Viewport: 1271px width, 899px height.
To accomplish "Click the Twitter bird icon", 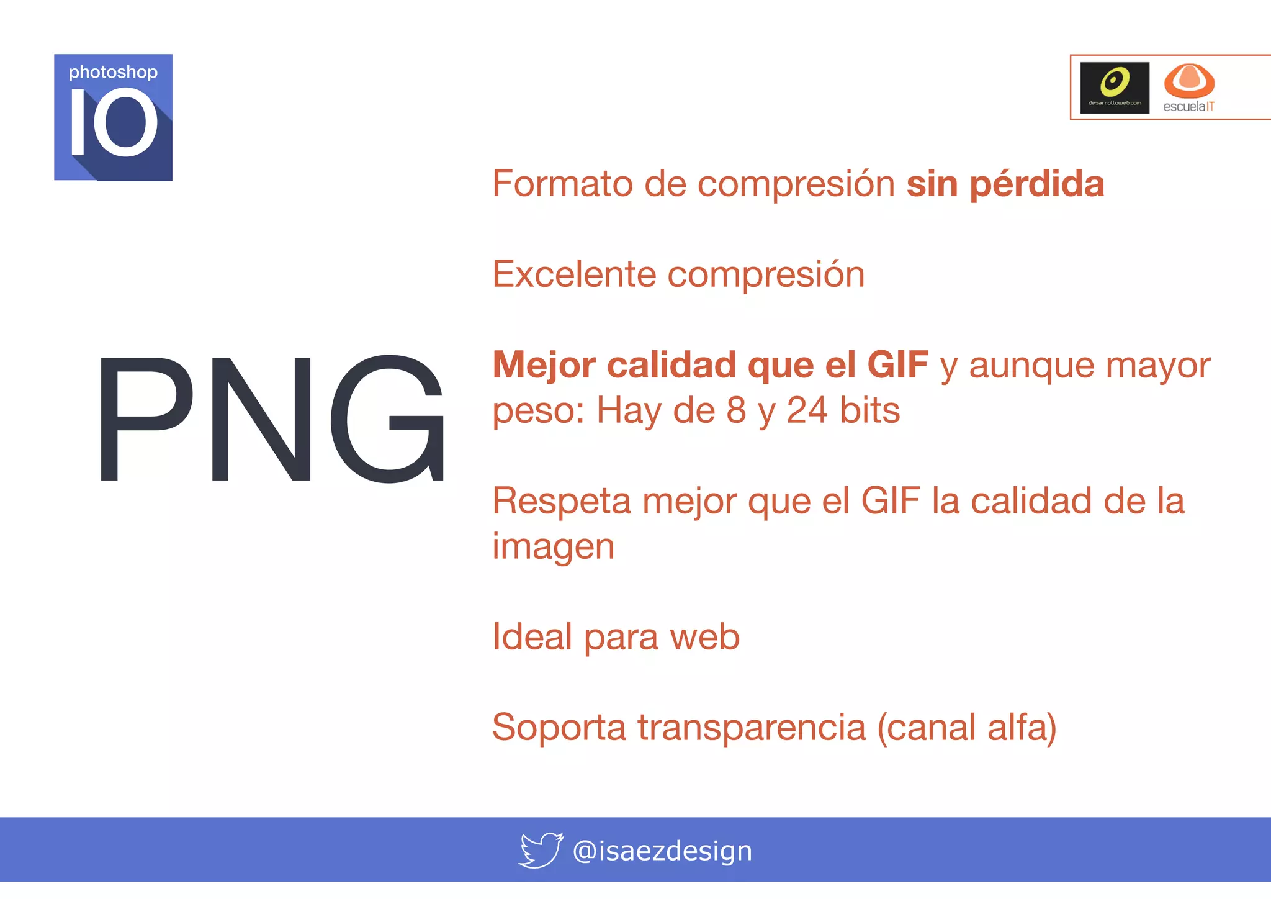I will point(541,850).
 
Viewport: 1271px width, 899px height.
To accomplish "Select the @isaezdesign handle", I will point(662,851).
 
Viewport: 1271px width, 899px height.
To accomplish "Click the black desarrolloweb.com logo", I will point(1115,88).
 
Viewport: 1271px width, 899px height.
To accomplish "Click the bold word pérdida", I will point(1036,184).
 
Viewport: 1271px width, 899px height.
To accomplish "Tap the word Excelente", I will point(574,274).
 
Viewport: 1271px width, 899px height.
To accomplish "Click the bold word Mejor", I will point(544,365).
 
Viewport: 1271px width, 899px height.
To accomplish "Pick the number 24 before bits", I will point(807,411).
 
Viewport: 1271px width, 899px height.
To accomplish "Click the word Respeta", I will point(561,502).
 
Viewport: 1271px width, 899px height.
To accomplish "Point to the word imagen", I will point(553,548).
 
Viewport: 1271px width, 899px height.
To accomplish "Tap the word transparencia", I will point(752,728).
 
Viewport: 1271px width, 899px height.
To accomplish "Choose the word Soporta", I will point(559,728).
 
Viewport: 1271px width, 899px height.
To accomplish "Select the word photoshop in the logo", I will point(113,73).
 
